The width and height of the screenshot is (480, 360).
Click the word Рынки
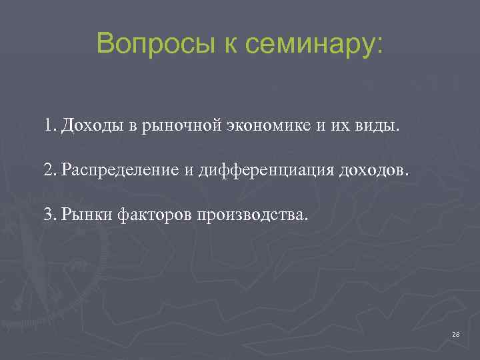(86, 215)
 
